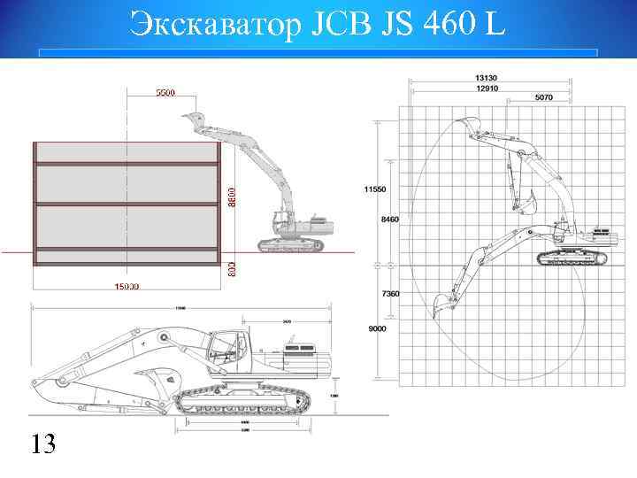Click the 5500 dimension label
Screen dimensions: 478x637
[x=165, y=92]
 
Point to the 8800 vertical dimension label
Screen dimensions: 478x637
[x=233, y=197]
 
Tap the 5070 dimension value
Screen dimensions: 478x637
[x=543, y=97]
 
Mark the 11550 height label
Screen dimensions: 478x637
[x=375, y=189]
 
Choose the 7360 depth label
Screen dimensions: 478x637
[x=390, y=293]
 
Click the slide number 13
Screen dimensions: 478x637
[x=43, y=443]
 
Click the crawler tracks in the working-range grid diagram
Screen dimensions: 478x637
[x=572, y=258]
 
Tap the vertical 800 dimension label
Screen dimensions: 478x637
[x=233, y=266]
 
